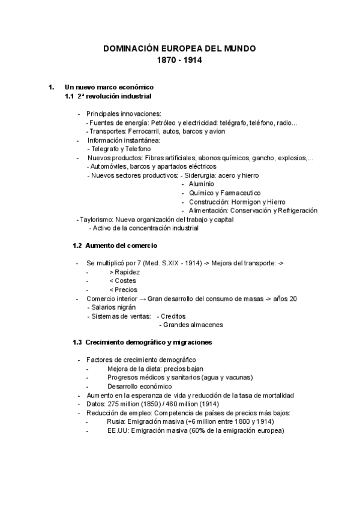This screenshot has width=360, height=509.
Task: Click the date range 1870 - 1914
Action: click(179, 61)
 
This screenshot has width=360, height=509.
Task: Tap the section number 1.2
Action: click(77, 245)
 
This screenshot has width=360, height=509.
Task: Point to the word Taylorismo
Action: click(96, 220)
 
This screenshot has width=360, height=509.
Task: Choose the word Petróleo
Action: click(160, 122)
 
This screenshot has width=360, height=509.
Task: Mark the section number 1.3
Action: click(77, 342)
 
